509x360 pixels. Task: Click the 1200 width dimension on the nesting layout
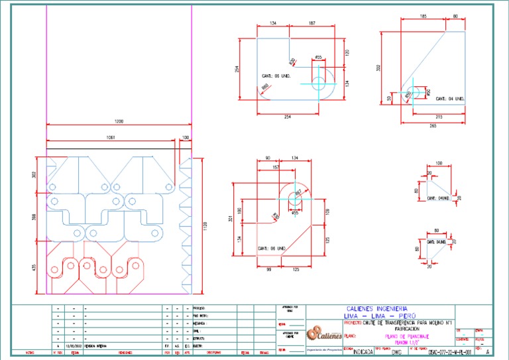click(x=119, y=122)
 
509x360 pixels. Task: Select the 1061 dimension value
click(x=109, y=138)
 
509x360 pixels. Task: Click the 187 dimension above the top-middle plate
click(x=311, y=23)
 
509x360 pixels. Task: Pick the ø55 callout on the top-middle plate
click(x=318, y=58)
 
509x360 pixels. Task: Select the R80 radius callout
click(x=264, y=87)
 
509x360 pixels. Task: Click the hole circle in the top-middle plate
click(x=318, y=82)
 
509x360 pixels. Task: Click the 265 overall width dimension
click(x=433, y=125)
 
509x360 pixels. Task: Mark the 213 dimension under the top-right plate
click(x=438, y=117)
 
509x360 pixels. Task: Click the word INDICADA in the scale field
click(x=363, y=352)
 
